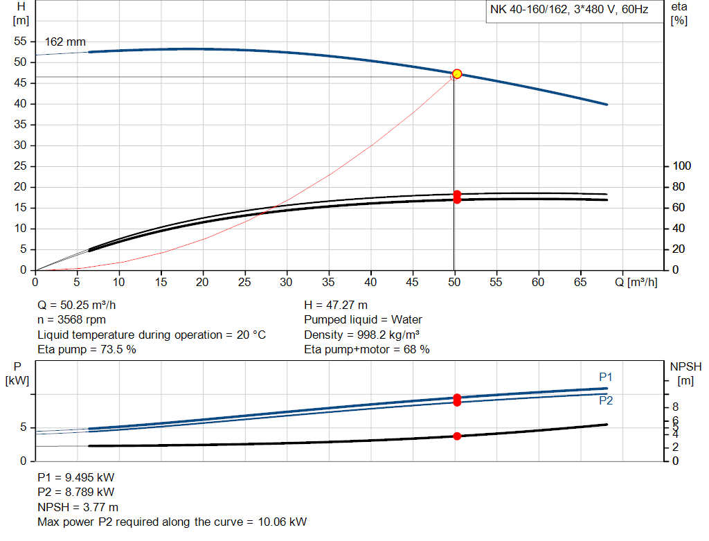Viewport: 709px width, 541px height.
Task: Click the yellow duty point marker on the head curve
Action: tap(457, 74)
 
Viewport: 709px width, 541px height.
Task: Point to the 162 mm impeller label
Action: tap(65, 42)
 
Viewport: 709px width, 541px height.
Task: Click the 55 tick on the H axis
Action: tap(21, 42)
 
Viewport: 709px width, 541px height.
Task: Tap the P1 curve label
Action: tap(606, 377)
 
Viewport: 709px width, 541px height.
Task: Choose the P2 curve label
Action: tap(606, 400)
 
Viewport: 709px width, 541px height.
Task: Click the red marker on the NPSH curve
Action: tap(457, 436)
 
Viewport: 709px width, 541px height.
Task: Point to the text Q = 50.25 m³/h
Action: tap(82, 305)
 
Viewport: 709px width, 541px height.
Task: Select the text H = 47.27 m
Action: tap(336, 305)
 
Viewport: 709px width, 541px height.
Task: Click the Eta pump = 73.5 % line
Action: tap(87, 350)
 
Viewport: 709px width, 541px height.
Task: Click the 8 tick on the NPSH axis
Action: tap(676, 407)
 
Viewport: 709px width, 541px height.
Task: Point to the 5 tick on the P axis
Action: tap(22, 428)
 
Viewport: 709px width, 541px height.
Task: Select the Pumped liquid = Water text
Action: tap(363, 320)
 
